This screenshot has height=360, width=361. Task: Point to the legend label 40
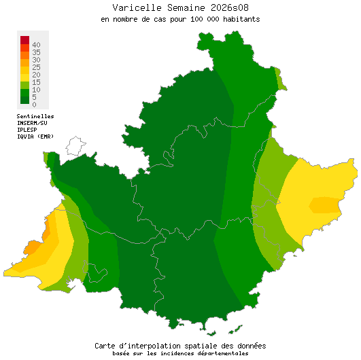pyautogui.click(x=36, y=45)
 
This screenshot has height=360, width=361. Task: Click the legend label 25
pyautogui.click(x=36, y=67)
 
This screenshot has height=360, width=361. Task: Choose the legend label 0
pyautogui.click(x=34, y=105)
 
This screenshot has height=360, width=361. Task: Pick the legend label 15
pyautogui.click(x=36, y=82)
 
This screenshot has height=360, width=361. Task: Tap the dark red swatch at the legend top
pyautogui.click(x=24, y=39)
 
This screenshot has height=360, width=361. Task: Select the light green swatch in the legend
pyautogui.click(x=24, y=83)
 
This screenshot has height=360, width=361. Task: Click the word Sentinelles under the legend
pyautogui.click(x=35, y=116)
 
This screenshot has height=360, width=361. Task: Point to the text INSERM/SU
pyautogui.click(x=32, y=123)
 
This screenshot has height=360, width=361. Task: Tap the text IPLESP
pyautogui.click(x=27, y=130)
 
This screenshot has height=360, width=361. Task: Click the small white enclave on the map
pyautogui.click(x=75, y=146)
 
